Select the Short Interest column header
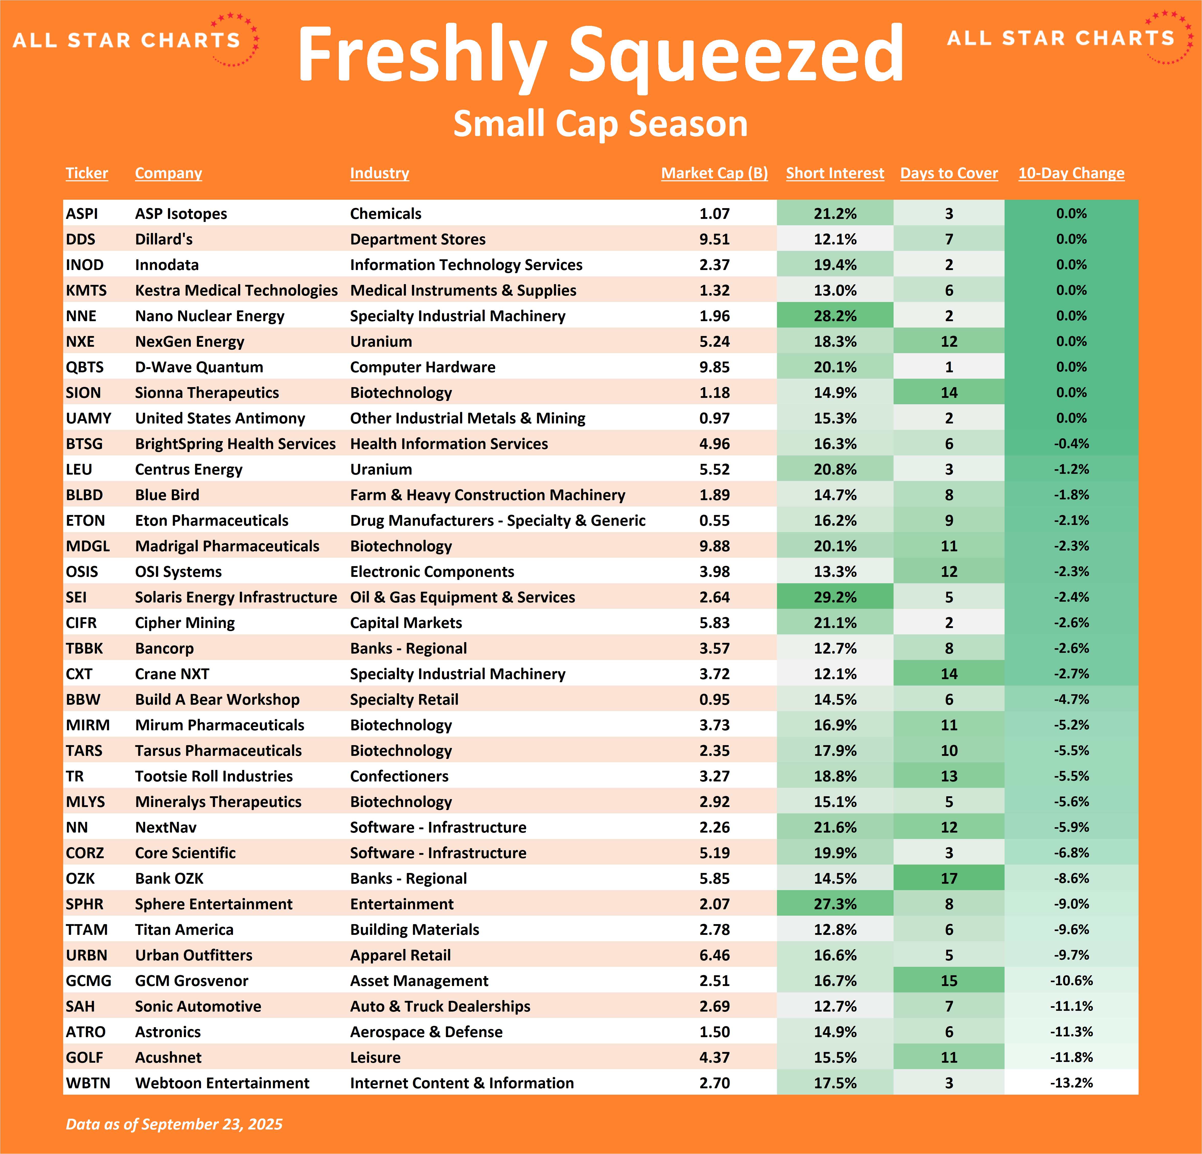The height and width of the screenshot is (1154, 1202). [x=835, y=174]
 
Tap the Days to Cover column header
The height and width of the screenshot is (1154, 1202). [x=949, y=174]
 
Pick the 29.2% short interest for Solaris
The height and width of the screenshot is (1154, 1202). [x=835, y=597]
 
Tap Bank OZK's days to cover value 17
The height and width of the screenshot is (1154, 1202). [x=949, y=879]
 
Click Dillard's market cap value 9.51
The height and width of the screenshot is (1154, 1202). [x=715, y=239]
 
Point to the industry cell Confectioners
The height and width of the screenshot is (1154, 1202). [x=399, y=776]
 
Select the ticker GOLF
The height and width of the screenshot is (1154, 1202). [x=85, y=1058]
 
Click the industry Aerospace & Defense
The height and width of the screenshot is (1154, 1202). [x=426, y=1032]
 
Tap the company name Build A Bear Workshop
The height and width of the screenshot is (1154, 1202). [x=217, y=700]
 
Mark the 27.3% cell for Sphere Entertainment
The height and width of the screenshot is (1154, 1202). [x=835, y=904]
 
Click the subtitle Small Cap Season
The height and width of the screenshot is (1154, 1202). [x=600, y=124]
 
